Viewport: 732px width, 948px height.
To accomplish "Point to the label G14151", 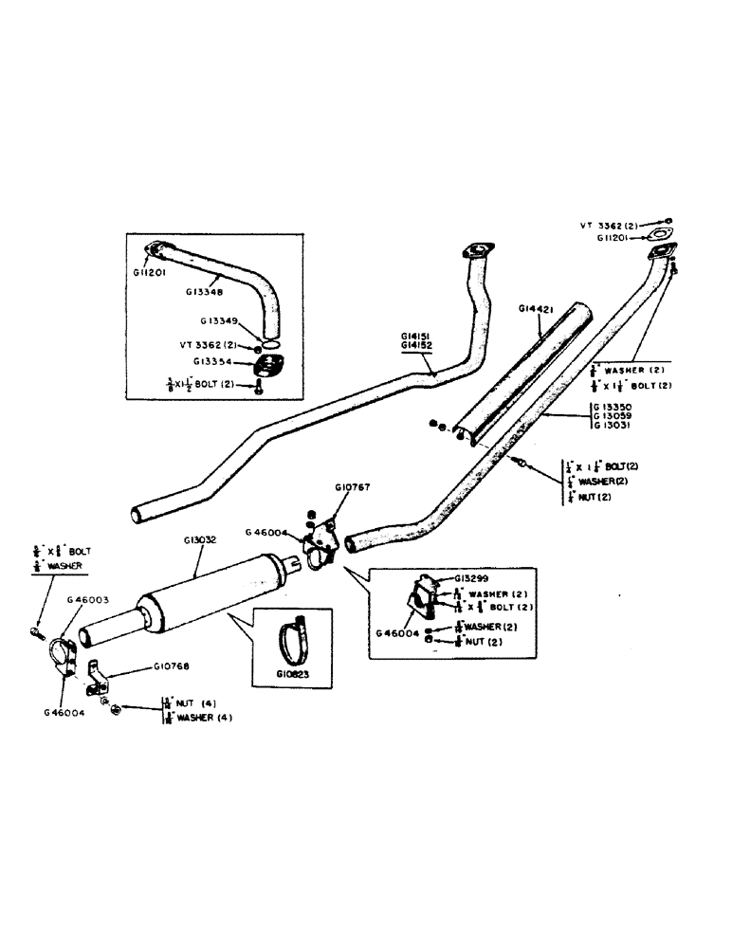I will tap(417, 337).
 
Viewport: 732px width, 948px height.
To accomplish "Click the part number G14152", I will tap(417, 347).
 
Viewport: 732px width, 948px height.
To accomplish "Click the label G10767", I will tap(351, 487).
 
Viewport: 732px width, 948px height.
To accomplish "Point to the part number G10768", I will tap(174, 666).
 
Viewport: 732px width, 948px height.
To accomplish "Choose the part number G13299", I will tap(471, 576).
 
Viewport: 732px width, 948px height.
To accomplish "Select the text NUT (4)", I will tap(197, 703).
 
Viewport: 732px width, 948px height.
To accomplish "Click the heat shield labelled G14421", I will tap(517, 370).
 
